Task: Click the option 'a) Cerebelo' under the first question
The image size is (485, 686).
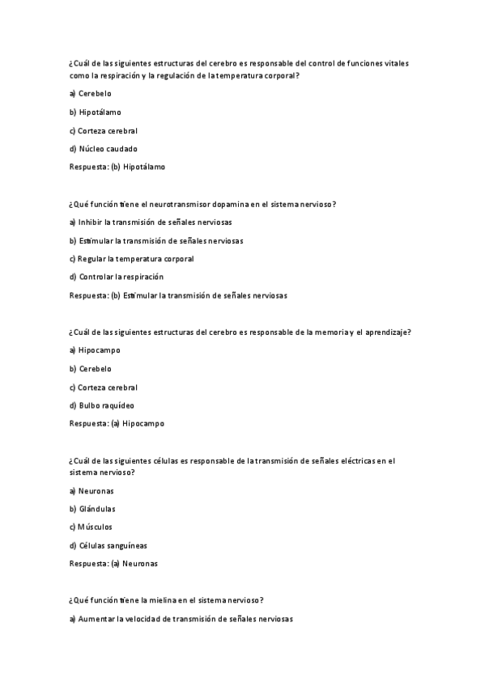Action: [x=91, y=94]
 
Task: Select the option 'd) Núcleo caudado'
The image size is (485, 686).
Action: [x=104, y=149]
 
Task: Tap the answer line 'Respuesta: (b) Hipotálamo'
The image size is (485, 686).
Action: [x=117, y=167]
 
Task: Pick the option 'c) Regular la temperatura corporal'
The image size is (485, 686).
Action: [x=132, y=259]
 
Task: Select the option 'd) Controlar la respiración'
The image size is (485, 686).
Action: [x=122, y=277]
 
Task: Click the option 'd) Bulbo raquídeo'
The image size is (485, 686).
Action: [x=102, y=405]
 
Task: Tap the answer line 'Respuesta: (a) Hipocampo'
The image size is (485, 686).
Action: [x=117, y=423]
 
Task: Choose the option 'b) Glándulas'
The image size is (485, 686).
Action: [x=92, y=509]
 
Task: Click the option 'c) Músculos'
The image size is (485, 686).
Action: [x=91, y=527]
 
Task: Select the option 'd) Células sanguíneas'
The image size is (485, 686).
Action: [x=108, y=545]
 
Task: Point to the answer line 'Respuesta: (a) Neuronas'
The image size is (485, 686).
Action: [x=114, y=563]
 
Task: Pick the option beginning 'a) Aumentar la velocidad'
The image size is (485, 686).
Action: [x=181, y=619]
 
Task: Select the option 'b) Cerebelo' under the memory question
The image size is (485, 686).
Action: [x=91, y=369]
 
